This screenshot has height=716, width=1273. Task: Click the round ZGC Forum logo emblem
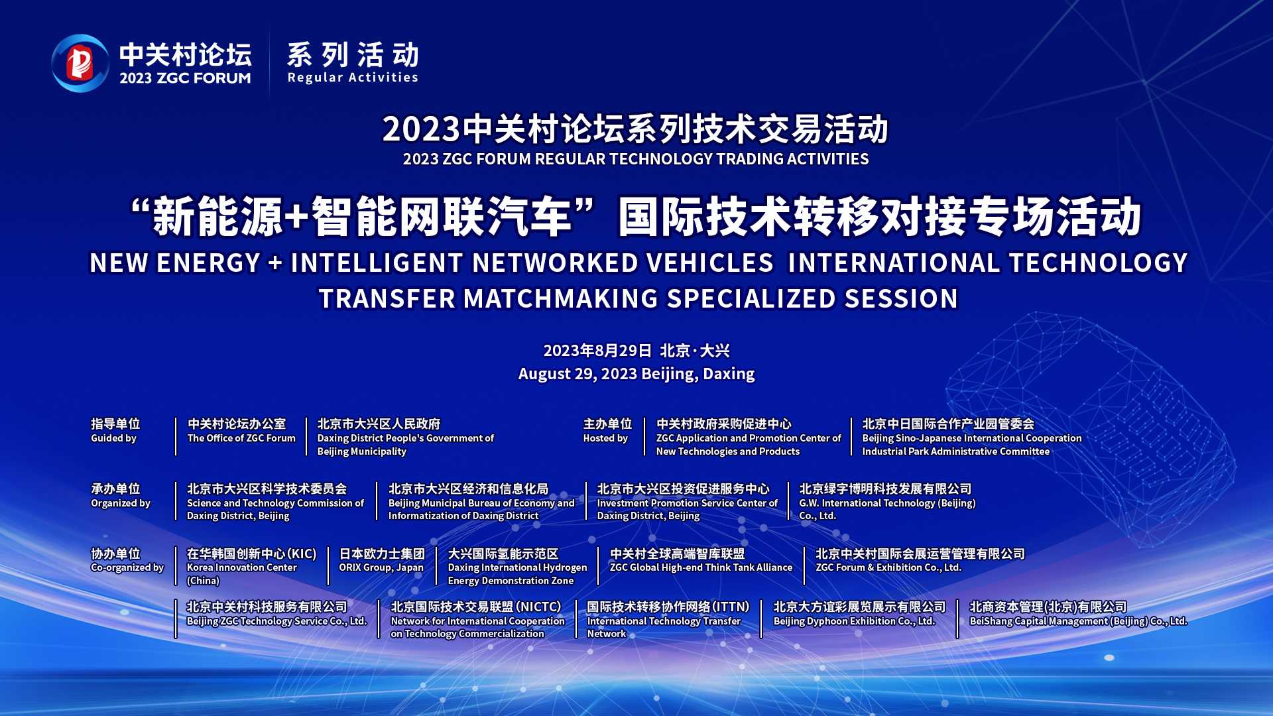tap(80, 63)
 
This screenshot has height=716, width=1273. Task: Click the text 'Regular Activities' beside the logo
tap(353, 78)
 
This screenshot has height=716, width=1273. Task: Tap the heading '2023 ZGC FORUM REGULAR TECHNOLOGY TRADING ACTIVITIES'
tap(636, 159)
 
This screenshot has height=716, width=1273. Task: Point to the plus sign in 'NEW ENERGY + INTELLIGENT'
tap(276, 263)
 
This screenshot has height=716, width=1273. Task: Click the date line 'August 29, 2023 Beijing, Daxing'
tap(636, 374)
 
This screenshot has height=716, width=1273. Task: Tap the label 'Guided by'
tap(113, 438)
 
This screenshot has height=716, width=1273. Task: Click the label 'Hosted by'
tap(605, 438)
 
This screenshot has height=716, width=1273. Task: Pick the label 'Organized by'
tap(121, 503)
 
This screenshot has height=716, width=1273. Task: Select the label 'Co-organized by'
tap(127, 567)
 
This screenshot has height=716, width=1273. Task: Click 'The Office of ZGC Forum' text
tap(241, 438)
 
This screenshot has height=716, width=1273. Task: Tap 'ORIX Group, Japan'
tap(381, 567)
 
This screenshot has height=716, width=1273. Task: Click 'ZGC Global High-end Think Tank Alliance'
tap(701, 567)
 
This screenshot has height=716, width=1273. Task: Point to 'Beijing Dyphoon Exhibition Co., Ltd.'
tap(855, 621)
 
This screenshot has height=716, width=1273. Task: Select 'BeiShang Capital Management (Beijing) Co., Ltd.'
tap(1079, 621)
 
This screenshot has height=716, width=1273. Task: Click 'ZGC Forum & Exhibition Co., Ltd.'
tap(888, 567)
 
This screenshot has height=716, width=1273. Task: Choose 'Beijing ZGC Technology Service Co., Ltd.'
tap(277, 621)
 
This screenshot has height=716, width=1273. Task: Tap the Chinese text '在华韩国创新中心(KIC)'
tap(252, 554)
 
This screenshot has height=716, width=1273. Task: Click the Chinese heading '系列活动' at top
tap(353, 55)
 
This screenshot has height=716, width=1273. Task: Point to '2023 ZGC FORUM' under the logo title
tap(186, 78)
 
